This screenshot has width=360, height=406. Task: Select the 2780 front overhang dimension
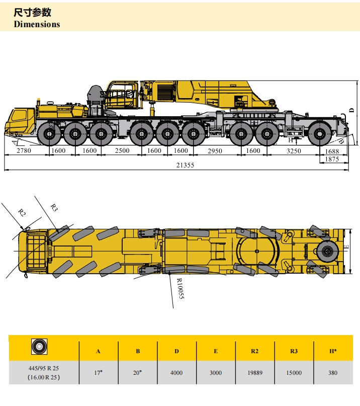pos(24,151)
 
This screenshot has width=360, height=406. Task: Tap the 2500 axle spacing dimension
pos(122,151)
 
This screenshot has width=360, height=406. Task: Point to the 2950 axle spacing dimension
pos(215,151)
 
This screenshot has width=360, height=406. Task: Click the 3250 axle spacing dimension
pos(294,151)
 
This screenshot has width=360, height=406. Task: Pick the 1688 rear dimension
pos(332,151)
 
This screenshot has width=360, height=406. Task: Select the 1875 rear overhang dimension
pos(332,159)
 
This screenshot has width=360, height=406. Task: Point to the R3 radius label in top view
pos(55,207)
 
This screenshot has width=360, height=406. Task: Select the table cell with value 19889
pos(254,373)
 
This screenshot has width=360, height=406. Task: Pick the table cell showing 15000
pos(294,373)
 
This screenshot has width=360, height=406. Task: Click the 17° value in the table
pos(98,373)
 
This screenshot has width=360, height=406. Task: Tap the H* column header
pos(333,351)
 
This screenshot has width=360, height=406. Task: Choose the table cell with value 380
pos(333,373)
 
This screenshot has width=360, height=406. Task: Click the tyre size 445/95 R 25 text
pos(44,368)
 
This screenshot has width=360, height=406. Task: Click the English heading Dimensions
pos(37,24)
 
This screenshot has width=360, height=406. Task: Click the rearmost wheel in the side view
pos(318,134)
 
